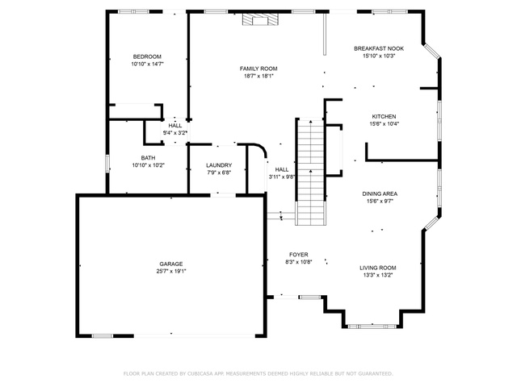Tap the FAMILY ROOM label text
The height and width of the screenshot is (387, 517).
click(258, 69)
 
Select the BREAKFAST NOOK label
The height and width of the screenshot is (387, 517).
click(379, 48)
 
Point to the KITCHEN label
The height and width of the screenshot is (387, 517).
click(385, 116)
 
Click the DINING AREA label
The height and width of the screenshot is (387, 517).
click(380, 193)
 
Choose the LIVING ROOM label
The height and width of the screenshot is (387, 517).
click(378, 268)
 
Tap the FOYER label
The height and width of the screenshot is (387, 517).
click(299, 255)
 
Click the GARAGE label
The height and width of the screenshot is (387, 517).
click(171, 264)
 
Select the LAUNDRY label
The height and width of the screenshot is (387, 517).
click(219, 165)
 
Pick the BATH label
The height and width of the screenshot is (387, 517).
click(148, 158)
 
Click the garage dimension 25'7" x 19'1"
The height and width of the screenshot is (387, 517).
click(171, 272)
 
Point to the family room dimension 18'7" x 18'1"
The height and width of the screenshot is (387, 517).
click(258, 76)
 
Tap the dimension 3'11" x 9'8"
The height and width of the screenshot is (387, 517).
click(282, 177)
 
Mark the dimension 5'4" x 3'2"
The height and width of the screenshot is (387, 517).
click(175, 133)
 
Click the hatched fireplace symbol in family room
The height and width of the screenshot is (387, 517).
click(260, 19)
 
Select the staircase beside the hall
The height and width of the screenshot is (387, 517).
click(310, 172)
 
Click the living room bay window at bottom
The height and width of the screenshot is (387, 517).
click(372, 327)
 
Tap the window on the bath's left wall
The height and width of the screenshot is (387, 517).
click(107, 163)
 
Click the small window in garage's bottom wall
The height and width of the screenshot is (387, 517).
click(103, 336)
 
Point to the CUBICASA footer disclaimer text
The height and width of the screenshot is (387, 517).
click(258, 374)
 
